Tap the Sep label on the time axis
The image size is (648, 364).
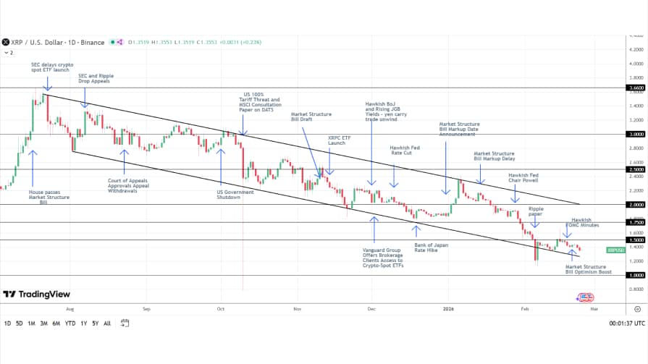coord(146,308)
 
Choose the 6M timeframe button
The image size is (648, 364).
coord(56,323)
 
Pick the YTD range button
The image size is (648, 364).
coord(70,323)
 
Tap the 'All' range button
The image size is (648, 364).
coord(107,323)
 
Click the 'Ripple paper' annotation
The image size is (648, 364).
coord(536,211)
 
